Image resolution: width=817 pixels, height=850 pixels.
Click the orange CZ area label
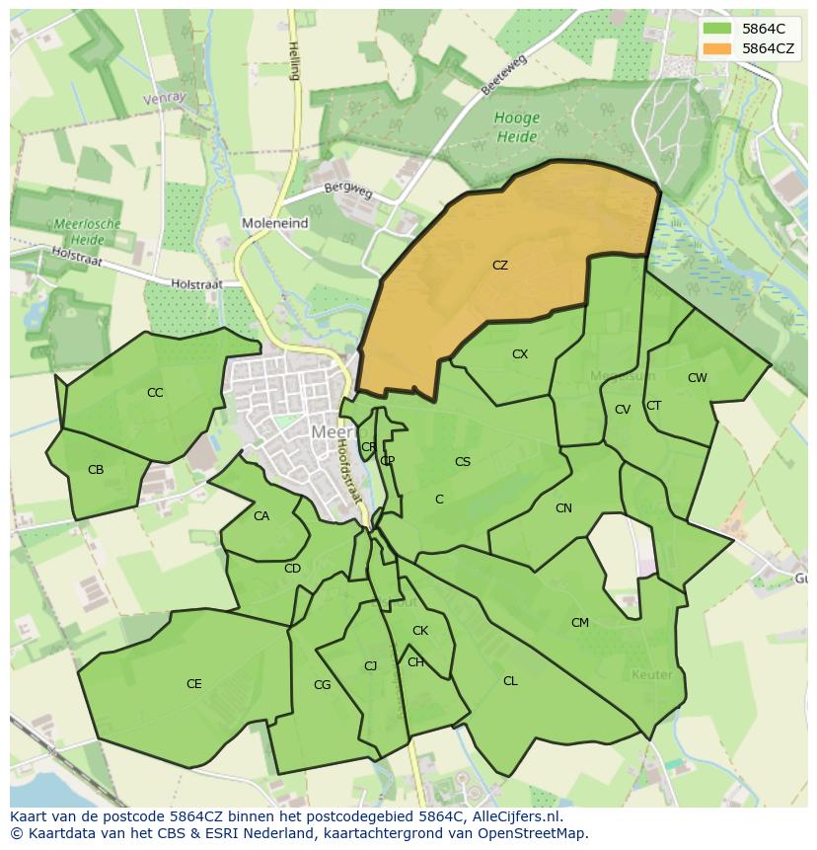coord(500,266)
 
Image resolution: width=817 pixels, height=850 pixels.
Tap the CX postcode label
coord(520,354)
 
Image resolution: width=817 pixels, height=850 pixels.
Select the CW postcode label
coord(698,378)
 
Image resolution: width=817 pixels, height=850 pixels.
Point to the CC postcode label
coord(155,393)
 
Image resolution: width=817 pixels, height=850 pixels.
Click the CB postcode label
coord(96,470)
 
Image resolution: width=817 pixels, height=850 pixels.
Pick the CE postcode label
coord(194,684)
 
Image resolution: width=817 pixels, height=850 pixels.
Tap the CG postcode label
coord(322,685)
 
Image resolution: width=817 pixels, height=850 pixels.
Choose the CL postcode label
coord(510,681)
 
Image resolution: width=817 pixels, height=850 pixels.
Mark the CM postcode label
coord(580,623)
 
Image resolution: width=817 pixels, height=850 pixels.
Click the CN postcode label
coord(563,508)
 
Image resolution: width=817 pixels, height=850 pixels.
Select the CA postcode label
coord(261,516)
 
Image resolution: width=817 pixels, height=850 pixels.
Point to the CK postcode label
coord(420,631)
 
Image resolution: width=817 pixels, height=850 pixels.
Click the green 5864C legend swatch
coord(718,29)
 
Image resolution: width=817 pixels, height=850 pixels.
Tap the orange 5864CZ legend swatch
coord(718,47)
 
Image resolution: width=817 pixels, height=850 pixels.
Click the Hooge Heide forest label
coord(517,126)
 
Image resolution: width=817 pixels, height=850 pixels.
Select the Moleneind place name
coord(274,224)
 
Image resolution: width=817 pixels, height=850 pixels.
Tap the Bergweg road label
coord(348,191)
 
